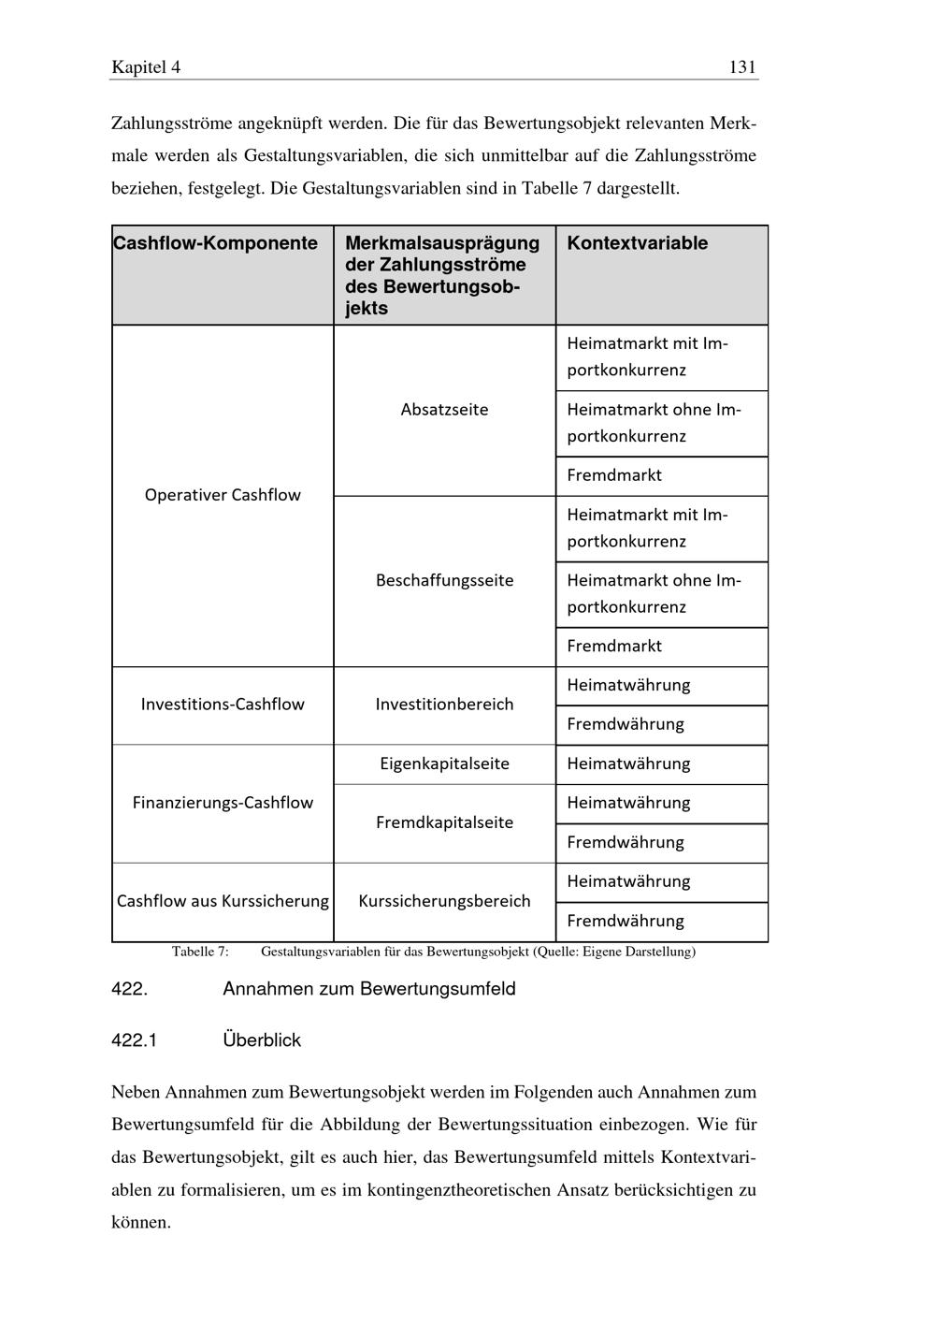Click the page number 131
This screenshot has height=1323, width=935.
coord(741,67)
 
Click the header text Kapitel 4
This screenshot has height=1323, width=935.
coord(146,67)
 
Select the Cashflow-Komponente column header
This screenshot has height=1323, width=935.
coord(216,243)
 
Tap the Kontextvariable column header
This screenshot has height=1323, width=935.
coord(638,243)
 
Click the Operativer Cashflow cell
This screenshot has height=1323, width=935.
coord(223,495)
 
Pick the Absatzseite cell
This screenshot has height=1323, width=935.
coord(444,410)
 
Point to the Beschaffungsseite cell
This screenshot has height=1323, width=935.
coord(444,580)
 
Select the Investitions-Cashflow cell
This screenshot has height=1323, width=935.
coord(223,705)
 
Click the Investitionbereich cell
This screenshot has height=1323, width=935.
coord(444,705)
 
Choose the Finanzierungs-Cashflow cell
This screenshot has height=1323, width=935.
coord(223,803)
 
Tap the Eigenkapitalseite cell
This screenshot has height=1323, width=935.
coord(444,763)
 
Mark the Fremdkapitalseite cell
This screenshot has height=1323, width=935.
coord(444,822)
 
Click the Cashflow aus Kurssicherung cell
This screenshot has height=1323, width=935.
coord(223,901)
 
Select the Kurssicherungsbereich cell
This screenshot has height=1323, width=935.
coord(444,901)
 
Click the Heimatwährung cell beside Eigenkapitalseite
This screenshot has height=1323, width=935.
coord(628,763)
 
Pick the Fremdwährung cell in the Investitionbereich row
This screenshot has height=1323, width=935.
coord(626,724)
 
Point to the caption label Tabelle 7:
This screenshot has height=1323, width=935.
coord(200,952)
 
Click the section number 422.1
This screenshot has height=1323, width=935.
coord(134,1040)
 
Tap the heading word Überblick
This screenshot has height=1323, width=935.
coord(262,1040)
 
